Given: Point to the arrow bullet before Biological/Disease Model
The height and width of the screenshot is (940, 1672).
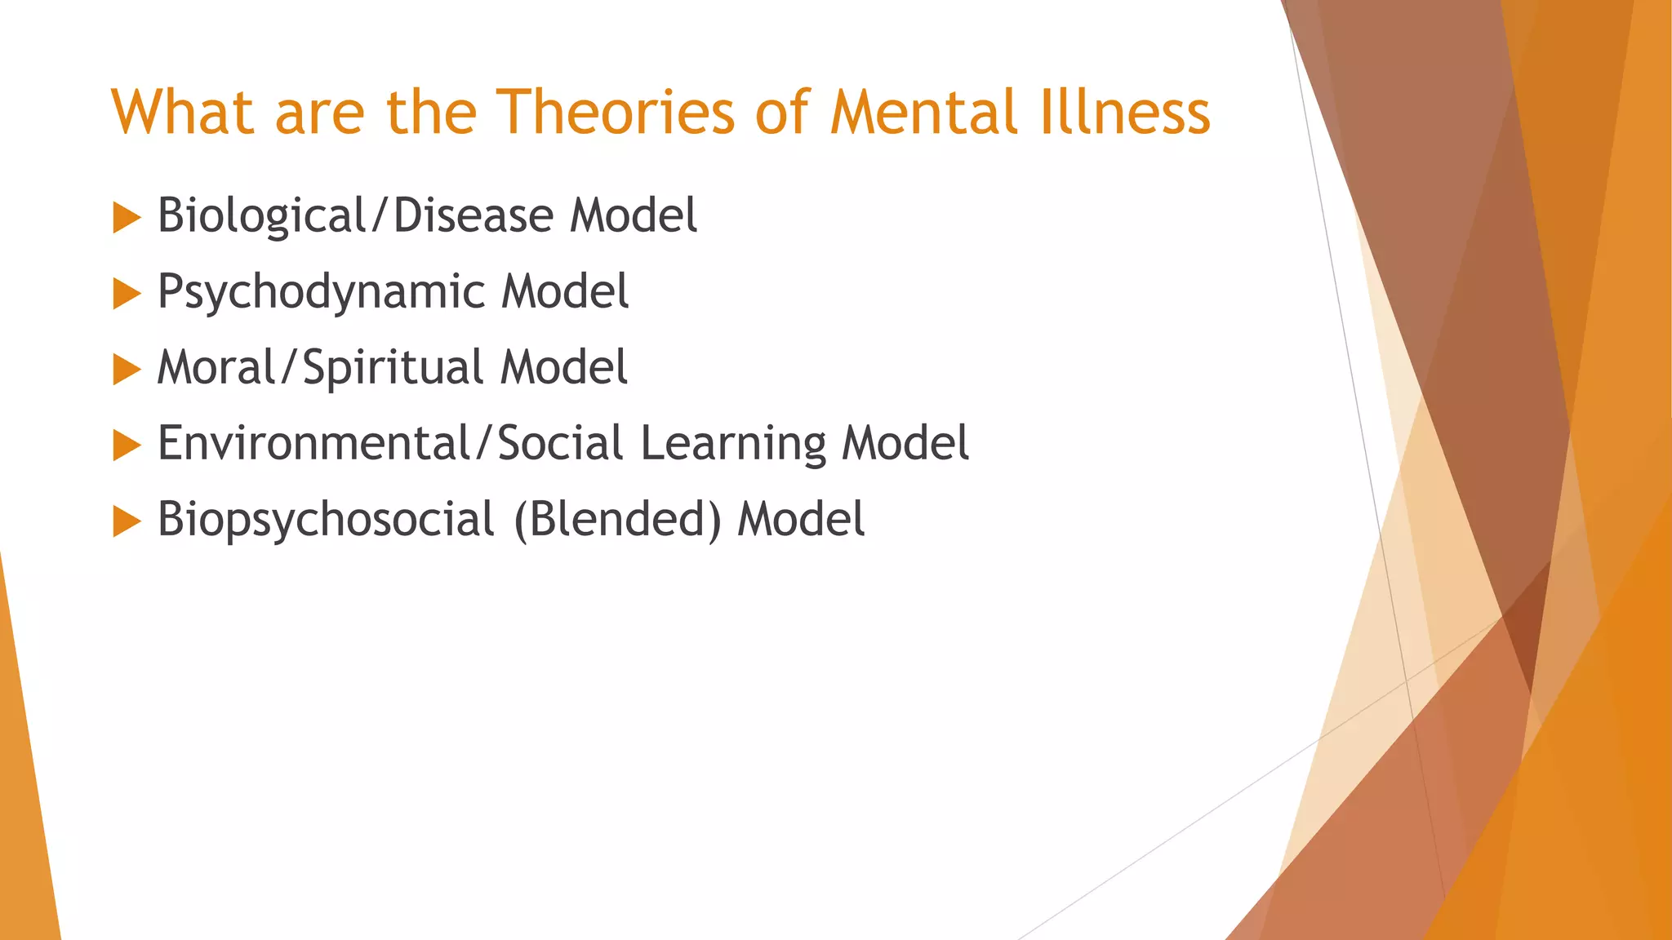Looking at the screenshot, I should [x=127, y=218].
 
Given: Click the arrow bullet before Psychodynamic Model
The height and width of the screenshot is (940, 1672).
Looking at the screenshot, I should [x=127, y=294].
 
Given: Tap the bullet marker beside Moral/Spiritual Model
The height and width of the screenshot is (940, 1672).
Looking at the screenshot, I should [x=127, y=370].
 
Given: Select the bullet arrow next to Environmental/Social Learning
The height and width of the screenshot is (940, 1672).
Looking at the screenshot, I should [x=127, y=446].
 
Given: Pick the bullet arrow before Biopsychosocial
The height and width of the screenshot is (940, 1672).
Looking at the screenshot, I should [x=127, y=521].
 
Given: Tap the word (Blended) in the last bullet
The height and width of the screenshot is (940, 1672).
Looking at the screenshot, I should [x=617, y=521].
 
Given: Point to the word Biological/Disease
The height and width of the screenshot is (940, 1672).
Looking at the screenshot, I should [x=355, y=216].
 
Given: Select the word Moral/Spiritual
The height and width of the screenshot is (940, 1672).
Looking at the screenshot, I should [x=319, y=368].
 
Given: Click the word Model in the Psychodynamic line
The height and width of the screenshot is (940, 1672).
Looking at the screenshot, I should [x=564, y=292].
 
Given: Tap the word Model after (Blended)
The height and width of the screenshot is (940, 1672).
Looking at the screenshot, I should [x=800, y=520].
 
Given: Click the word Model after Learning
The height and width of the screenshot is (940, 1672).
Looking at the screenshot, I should [x=905, y=444].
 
